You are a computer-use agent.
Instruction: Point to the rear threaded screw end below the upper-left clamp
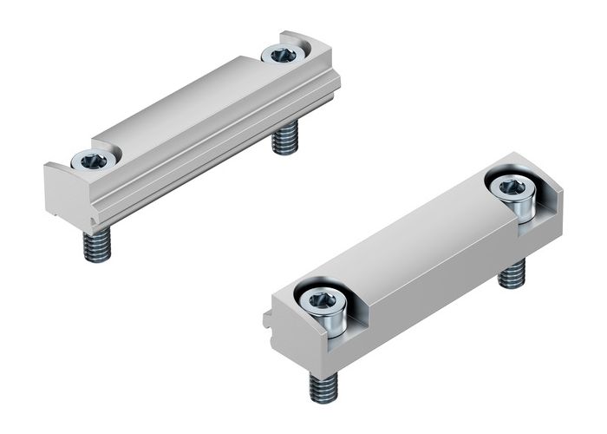(284, 139)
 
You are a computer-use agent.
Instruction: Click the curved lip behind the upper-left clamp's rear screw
(299, 39)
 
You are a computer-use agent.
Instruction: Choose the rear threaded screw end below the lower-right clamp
(512, 274)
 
